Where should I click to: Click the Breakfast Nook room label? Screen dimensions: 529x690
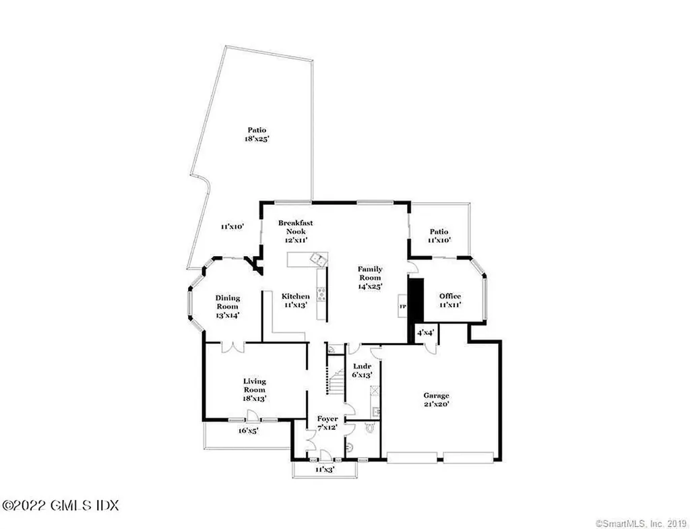(x=295, y=226)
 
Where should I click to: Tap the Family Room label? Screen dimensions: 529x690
(x=370, y=277)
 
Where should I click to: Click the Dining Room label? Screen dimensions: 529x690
(x=228, y=302)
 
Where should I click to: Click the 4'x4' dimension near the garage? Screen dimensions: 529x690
(x=427, y=333)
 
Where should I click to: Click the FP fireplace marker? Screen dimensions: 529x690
(x=404, y=307)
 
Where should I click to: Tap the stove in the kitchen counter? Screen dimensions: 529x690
(x=321, y=294)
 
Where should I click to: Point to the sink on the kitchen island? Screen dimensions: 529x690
(x=316, y=257)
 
